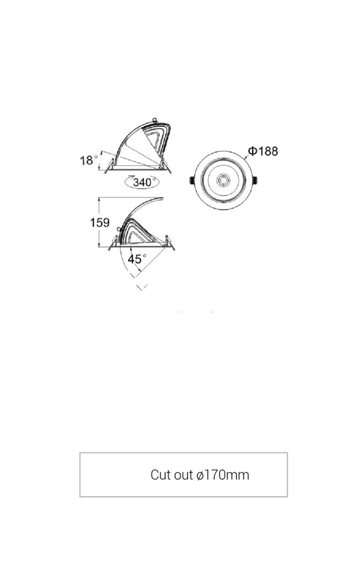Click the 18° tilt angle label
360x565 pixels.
[x=89, y=160]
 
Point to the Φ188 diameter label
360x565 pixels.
[x=263, y=151]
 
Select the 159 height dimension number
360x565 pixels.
[x=100, y=222]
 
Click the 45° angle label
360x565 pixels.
[x=137, y=259]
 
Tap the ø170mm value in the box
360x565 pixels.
[x=223, y=475]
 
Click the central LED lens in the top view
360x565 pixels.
[x=223, y=180]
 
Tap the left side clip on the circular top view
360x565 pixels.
[x=192, y=180]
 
